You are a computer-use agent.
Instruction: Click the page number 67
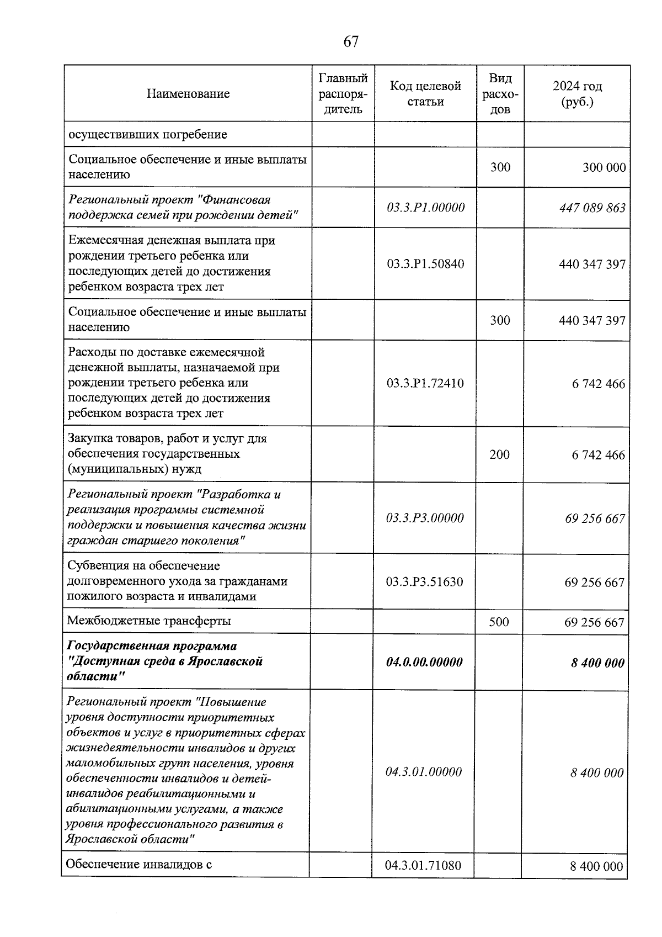pyautogui.click(x=351, y=42)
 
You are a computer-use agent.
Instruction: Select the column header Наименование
pyautogui.click(x=188, y=93)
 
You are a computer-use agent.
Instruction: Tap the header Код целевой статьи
pyautogui.click(x=425, y=93)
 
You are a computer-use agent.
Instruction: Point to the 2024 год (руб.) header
pyautogui.click(x=577, y=94)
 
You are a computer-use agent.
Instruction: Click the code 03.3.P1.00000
pyautogui.click(x=425, y=208)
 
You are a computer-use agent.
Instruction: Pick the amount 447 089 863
pyautogui.click(x=592, y=208)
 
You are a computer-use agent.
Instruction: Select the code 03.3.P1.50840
pyautogui.click(x=425, y=264)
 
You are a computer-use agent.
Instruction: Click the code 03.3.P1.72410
pyautogui.click(x=425, y=383)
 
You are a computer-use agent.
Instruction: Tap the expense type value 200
pyautogui.click(x=500, y=454)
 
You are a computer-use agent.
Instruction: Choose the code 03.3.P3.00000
pyautogui.click(x=425, y=518)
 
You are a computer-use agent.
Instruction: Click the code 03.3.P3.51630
pyautogui.click(x=425, y=582)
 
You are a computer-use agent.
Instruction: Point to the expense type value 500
pyautogui.click(x=499, y=622)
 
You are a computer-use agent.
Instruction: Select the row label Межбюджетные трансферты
pyautogui.click(x=149, y=621)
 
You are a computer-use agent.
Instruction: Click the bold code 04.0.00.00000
pyautogui.click(x=424, y=662)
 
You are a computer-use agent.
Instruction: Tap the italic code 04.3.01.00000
pyautogui.click(x=424, y=772)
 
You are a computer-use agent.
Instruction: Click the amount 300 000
pyautogui.click(x=604, y=167)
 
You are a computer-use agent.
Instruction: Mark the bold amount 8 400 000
pyautogui.click(x=597, y=663)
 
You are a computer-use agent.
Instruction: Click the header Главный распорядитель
pyautogui.click(x=343, y=93)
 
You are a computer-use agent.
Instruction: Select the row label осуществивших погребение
pyautogui.click(x=148, y=134)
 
